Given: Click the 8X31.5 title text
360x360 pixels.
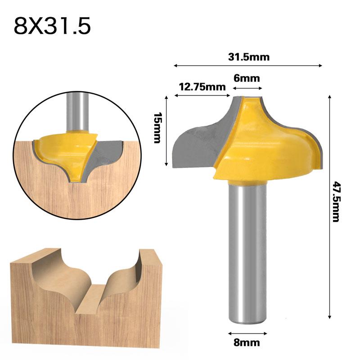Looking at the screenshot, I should coord(52,26).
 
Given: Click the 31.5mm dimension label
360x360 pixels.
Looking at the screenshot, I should coord(248,57).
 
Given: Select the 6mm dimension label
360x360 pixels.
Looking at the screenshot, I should coord(247,78).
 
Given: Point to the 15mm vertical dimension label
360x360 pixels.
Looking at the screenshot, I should coord(157,128).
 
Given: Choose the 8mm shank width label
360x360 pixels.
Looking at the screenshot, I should coord(247,342).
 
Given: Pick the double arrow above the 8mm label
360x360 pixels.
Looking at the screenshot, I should coord(247,333).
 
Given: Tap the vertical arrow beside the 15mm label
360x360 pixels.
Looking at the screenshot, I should coord(166,130).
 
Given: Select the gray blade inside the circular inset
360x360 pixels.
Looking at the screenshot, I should coord(106,153).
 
